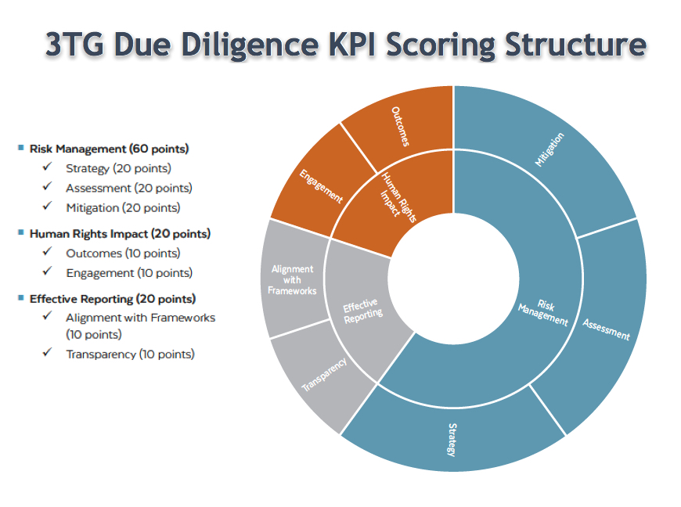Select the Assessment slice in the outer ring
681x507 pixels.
[x=607, y=329]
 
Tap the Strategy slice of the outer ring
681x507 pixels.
[x=452, y=438]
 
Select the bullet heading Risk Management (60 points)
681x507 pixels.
[x=109, y=149]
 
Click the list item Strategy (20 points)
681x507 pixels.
[x=118, y=168]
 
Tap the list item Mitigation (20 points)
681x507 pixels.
[x=123, y=208]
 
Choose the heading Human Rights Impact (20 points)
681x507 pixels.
[x=120, y=233]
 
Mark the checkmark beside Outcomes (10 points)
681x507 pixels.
[x=48, y=253]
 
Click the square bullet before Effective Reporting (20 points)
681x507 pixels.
[x=20, y=298]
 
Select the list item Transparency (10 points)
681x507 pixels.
[x=130, y=354]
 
